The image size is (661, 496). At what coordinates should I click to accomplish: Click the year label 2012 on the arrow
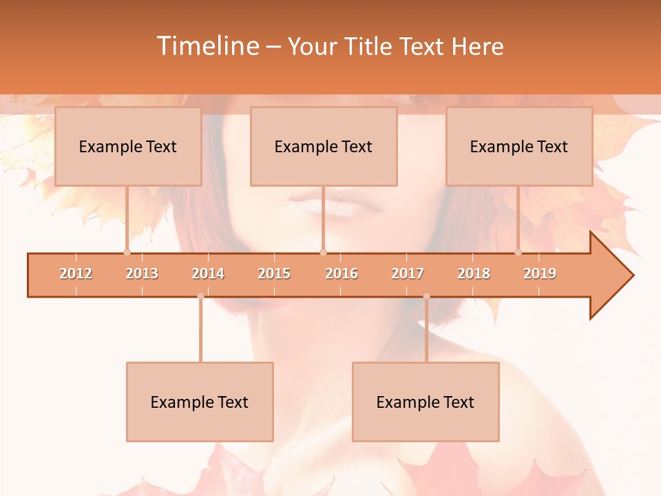[76, 273]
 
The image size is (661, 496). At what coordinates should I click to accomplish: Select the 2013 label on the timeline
[142, 273]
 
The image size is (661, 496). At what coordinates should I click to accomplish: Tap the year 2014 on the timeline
[208, 273]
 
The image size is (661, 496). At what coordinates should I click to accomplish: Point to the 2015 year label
[274, 273]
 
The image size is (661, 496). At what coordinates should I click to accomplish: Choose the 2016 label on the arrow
[342, 273]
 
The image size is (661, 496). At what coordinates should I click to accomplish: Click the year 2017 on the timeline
[408, 273]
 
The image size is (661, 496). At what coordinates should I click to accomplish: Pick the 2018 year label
[474, 273]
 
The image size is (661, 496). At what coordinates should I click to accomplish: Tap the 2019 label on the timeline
[540, 273]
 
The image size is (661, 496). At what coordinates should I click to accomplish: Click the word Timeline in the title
[207, 46]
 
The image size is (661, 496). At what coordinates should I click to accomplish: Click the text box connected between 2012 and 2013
[128, 146]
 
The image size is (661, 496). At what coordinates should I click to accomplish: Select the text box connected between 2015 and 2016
[324, 146]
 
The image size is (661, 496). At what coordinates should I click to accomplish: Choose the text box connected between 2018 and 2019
[519, 146]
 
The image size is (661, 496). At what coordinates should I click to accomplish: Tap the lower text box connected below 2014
[200, 402]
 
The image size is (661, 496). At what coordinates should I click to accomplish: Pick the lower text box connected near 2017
[426, 402]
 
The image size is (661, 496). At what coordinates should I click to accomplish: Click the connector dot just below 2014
[200, 296]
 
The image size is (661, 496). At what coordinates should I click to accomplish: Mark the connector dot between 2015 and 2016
[323, 253]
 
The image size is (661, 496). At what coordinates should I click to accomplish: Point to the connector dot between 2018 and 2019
[518, 253]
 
